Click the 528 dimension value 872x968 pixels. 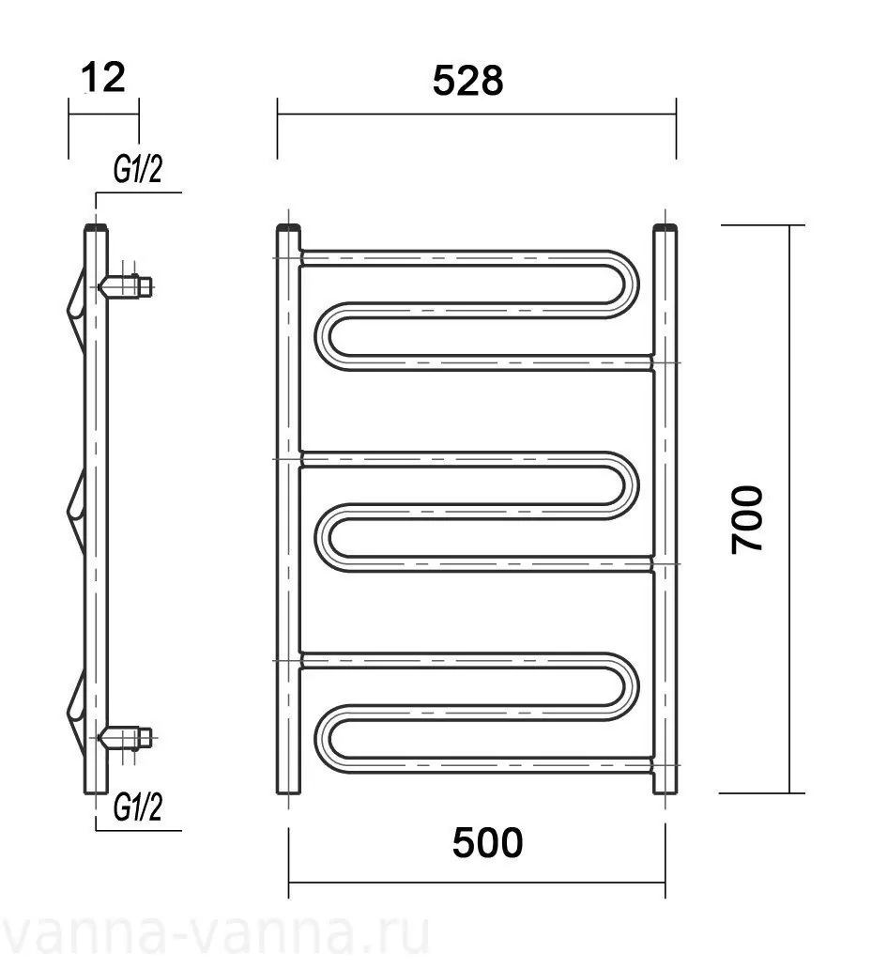tap(467, 81)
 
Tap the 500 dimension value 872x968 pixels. tap(487, 843)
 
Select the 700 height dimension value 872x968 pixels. tap(747, 519)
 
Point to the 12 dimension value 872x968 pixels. tap(103, 77)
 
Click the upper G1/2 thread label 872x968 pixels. tap(138, 169)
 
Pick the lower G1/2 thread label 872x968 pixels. tap(138, 807)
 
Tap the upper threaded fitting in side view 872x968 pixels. tap(127, 286)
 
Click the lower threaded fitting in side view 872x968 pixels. tap(127, 737)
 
